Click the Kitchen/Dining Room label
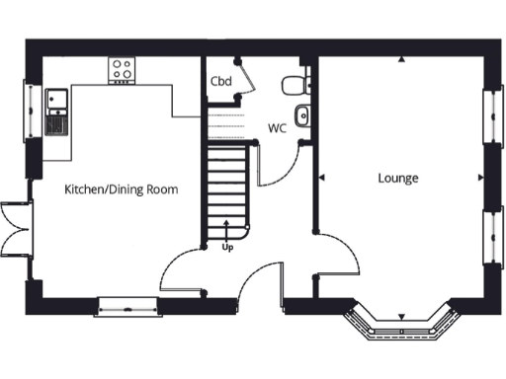[x=122, y=189]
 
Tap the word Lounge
[x=398, y=179]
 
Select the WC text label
[x=278, y=128]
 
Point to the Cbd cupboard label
[x=220, y=81]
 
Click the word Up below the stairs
[x=227, y=248]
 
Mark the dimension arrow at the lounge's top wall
[x=402, y=61]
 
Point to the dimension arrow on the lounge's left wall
[x=323, y=178]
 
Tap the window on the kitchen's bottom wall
[x=128, y=306]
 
